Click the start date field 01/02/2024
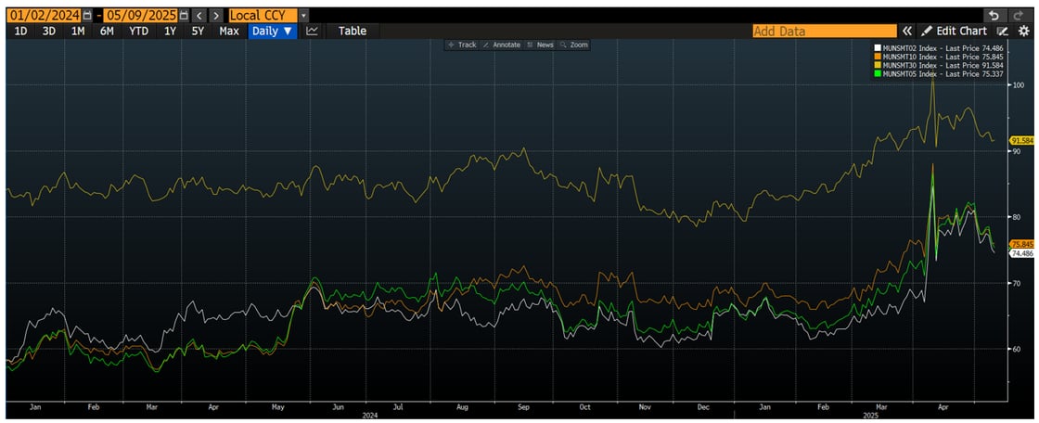tap(42, 16)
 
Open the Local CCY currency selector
tap(269, 16)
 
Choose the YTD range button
tap(138, 31)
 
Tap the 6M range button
tap(107, 31)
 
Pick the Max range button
tap(229, 31)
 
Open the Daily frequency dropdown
tap(273, 31)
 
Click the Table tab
tap(352, 31)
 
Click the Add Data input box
tap(824, 31)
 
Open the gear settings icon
tap(1023, 31)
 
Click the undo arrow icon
tap(994, 16)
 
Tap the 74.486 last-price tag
tap(1021, 253)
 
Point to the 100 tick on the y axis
tap(1017, 85)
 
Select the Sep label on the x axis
tap(523, 406)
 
